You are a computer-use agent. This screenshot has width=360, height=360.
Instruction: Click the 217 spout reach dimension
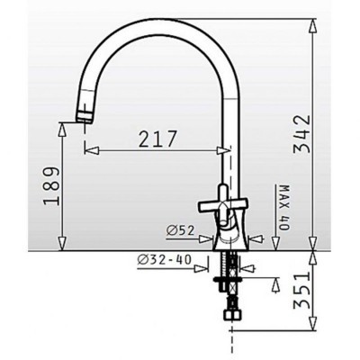(157, 139)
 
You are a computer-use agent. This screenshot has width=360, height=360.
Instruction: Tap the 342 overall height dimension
(301, 134)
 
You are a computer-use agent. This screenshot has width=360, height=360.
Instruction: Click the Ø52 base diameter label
(181, 230)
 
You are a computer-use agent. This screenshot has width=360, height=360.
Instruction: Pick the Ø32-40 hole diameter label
(164, 259)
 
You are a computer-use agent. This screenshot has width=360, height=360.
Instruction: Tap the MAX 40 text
(284, 208)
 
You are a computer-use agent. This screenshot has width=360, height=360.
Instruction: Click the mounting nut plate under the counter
(227, 281)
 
